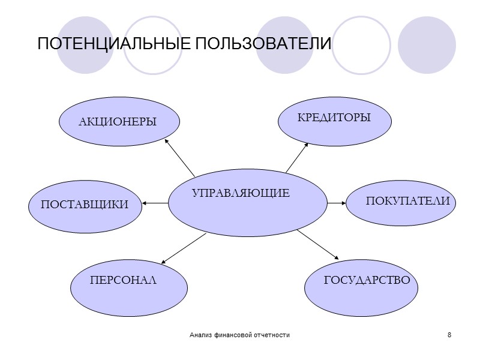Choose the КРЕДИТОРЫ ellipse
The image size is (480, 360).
pos(334,119)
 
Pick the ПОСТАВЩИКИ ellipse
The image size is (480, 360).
pos(85,205)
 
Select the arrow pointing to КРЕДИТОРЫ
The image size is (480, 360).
pos(296,157)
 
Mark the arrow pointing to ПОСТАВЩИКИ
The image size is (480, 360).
pos(155,203)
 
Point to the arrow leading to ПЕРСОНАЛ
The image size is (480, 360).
pos(184,248)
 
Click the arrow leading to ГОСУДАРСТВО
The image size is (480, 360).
pos(318,245)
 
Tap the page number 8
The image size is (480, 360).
pos(449,334)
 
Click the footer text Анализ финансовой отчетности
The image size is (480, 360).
pos(239,334)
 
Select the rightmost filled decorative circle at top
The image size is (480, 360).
pos(427,44)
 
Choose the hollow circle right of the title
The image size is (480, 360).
pos(361,44)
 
